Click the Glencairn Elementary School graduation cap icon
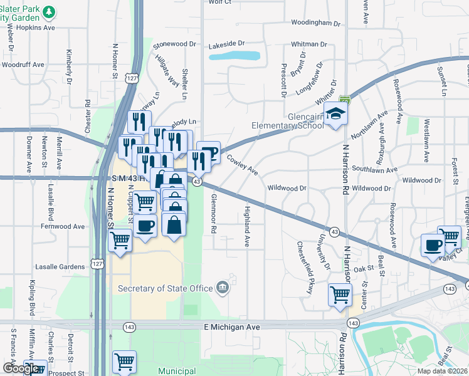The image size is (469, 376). [336, 113]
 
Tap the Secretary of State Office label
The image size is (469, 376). [164, 288]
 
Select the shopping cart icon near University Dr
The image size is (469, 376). [340, 293]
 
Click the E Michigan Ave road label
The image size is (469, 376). [232, 327]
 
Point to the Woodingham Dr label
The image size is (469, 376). [316, 23]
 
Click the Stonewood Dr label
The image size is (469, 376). [175, 44]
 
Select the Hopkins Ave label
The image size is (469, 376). [32, 28]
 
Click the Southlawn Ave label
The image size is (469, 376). [374, 170]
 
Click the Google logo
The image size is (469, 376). [21, 368]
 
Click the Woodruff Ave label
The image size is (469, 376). [23, 65]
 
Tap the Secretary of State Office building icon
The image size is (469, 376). [222, 288]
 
